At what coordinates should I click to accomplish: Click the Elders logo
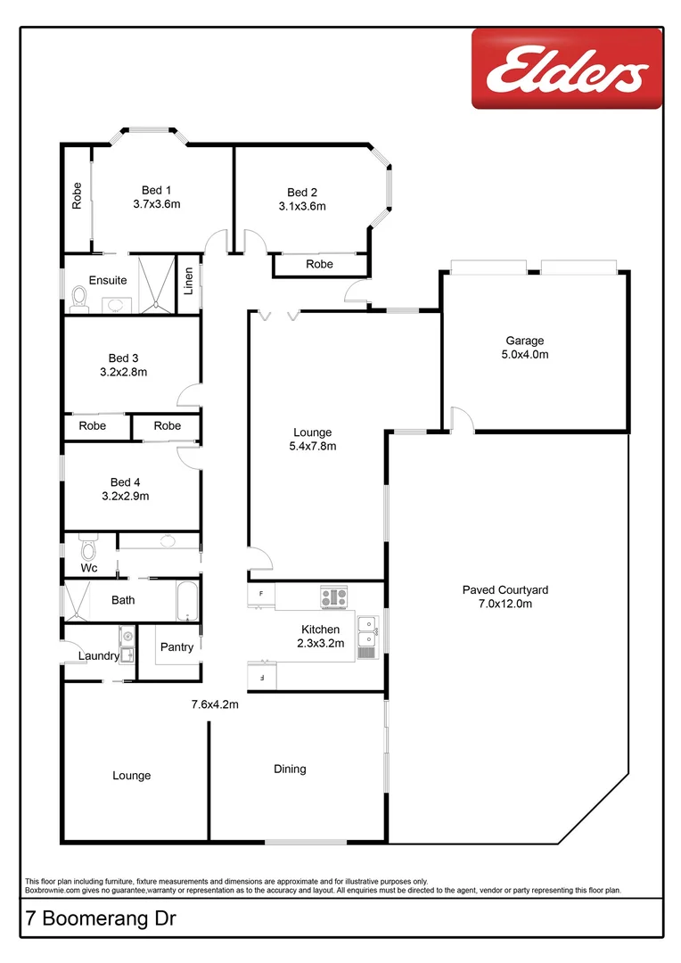[567, 68]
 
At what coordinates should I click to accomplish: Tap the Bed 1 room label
[156, 190]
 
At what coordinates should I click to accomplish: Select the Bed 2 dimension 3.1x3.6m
[302, 206]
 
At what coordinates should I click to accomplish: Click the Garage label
[524, 341]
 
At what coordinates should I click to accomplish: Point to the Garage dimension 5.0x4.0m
[526, 354]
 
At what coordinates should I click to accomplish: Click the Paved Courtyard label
[505, 589]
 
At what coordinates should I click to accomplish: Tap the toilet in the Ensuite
[79, 298]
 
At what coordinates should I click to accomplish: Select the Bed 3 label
[123, 358]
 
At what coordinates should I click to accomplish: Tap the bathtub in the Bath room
[187, 602]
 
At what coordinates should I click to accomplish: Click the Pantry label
[176, 647]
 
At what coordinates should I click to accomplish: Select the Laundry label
[99, 656]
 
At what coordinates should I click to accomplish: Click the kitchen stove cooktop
[334, 597]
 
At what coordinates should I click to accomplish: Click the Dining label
[290, 769]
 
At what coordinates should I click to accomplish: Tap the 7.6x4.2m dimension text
[215, 704]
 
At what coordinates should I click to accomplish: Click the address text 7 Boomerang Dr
[94, 919]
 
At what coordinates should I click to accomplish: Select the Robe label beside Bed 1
[78, 195]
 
